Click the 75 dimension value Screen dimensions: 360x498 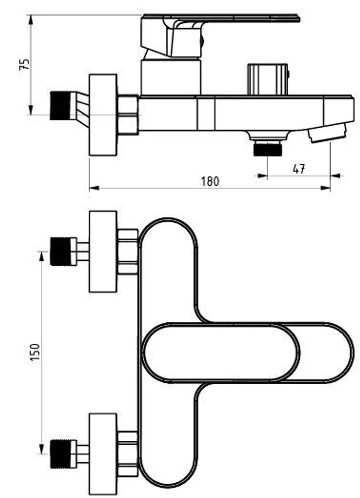25,65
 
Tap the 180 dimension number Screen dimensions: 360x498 210,181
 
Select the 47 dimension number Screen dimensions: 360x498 299,169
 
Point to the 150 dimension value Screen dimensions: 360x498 35,352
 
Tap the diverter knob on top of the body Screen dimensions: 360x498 268,79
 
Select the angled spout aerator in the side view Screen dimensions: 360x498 327,133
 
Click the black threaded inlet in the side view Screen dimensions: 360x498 60,106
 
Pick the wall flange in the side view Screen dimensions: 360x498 103,115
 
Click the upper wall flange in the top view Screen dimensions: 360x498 103,251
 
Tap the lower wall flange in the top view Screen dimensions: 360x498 103,454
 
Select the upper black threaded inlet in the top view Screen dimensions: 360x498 60,251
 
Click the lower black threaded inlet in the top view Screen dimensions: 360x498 60,454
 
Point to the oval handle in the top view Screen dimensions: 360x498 220,353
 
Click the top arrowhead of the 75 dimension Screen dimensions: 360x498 31,20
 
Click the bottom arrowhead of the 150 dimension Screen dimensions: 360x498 41,449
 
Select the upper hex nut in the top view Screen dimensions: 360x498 128,251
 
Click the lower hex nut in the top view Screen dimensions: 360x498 128,454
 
